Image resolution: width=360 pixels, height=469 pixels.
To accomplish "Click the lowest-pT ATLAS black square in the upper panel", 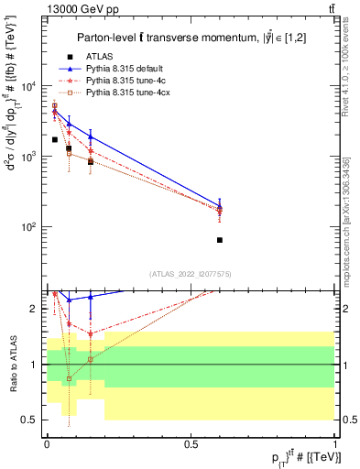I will point(55,139).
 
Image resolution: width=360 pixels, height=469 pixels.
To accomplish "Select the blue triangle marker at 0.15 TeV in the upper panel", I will point(91,136).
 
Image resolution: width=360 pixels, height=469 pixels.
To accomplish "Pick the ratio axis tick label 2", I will point(37,309).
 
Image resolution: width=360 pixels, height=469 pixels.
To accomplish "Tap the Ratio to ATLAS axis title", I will point(13,364).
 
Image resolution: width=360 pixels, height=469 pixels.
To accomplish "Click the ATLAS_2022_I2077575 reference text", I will point(191,274).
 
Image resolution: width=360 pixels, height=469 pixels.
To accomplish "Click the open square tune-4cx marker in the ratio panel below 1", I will point(69,378).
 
